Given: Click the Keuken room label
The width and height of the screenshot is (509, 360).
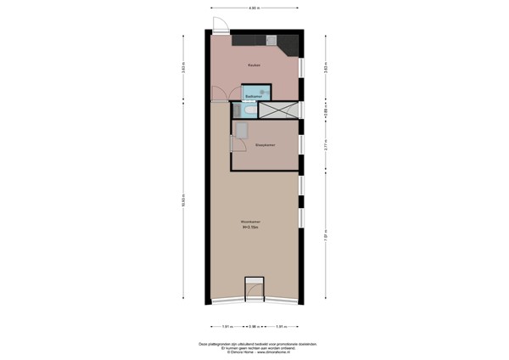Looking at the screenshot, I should click(254, 65).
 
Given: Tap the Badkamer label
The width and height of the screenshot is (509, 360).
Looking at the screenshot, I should click(251, 97).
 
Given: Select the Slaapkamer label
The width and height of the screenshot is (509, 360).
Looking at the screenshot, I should click(265, 145).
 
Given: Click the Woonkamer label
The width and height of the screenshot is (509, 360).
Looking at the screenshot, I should click(251, 222).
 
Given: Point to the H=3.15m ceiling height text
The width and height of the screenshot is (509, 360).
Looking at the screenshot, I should click(251, 227).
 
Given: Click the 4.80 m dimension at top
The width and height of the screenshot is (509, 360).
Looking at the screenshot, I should click(255, 8).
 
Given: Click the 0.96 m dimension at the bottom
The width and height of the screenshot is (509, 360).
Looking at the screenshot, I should click(253, 326).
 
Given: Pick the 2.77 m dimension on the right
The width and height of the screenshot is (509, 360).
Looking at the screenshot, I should click(325, 146).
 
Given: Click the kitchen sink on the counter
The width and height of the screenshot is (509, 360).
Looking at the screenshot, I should click(271, 39).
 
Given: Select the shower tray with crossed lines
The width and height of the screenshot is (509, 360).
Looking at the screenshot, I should click(277, 110).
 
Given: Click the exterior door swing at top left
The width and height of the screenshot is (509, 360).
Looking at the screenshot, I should click(220, 25).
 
